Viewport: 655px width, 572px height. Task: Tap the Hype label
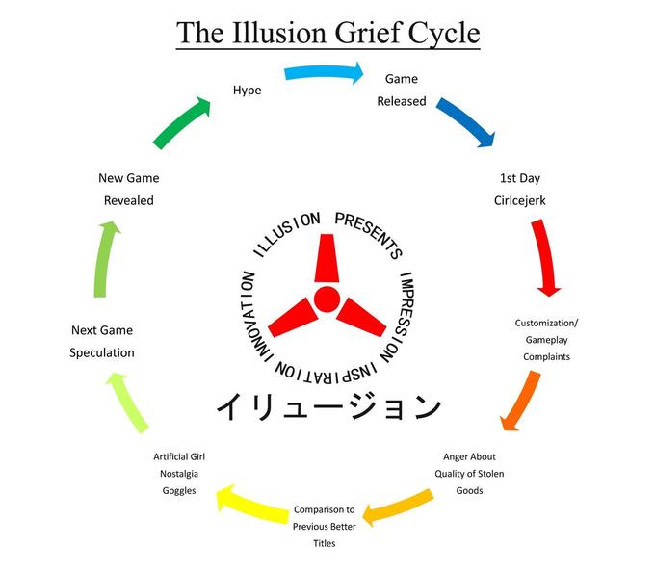coord(247,90)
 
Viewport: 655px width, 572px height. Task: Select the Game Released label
coord(401,89)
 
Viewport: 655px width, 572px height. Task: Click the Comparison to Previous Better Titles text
coord(324,526)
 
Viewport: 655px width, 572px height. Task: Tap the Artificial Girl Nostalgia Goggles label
coord(179,473)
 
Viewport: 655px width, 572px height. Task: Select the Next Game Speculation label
coord(102,341)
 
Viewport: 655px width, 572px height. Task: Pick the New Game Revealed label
coord(129,189)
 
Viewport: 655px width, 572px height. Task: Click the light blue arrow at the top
coord(324,73)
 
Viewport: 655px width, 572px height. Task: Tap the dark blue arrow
coord(466,121)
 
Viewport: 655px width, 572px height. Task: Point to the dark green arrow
coord(180,123)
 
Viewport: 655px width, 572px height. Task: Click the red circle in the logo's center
coord(327,298)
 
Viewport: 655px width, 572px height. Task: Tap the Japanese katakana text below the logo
coord(327,405)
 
